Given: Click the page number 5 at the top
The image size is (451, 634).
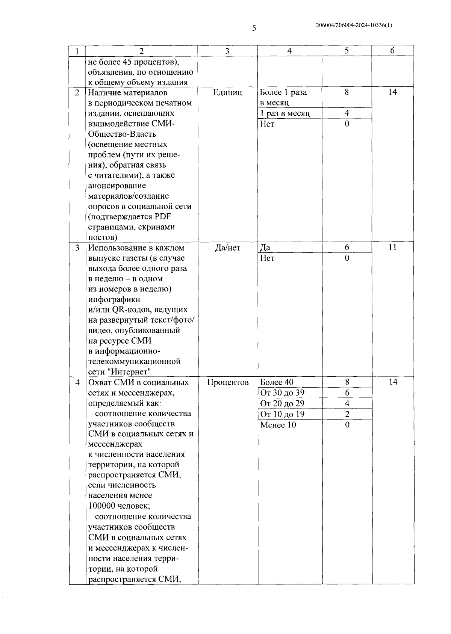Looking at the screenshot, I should (254, 28).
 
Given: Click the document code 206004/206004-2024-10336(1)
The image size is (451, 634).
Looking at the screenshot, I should (354, 26).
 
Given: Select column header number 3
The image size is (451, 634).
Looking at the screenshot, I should (227, 51).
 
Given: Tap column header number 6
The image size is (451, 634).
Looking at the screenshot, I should (392, 51).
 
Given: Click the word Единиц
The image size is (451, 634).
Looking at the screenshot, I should (227, 92).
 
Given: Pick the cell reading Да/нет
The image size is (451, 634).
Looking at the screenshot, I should (227, 248).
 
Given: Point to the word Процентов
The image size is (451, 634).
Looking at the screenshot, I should (228, 382).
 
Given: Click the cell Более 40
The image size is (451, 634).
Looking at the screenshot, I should (277, 382).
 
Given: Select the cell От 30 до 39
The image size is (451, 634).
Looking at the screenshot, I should (282, 393).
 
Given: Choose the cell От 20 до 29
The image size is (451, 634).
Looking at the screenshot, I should (282, 403).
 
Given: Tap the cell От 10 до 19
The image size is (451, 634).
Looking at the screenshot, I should (282, 414).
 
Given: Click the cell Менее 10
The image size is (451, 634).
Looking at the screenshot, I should (278, 425).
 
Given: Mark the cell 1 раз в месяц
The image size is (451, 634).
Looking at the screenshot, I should (285, 113).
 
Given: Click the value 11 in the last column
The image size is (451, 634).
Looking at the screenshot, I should (392, 247).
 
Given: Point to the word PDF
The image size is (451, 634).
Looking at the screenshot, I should (163, 217).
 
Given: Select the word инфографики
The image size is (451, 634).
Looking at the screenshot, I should (114, 299).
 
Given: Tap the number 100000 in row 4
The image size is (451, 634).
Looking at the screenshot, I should (101, 506).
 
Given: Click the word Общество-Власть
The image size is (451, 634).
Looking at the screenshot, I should (122, 134).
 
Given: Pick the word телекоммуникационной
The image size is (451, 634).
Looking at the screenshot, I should (134, 361).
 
